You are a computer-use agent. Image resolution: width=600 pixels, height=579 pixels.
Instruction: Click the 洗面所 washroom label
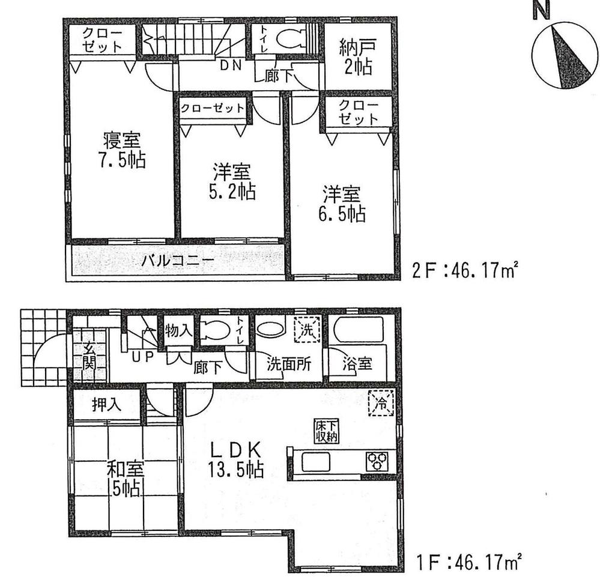pyautogui.click(x=289, y=364)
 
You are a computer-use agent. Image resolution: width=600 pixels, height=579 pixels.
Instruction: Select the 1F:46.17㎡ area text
pyautogui.click(x=468, y=564)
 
